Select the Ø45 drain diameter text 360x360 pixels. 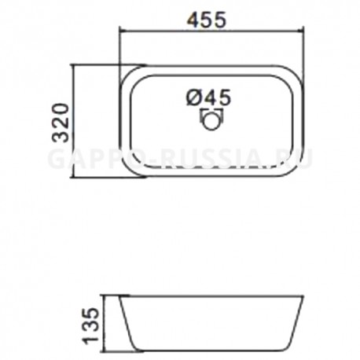coord(209,97)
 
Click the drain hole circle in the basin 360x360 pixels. coord(211,121)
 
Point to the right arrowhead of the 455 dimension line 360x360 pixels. coord(299,31)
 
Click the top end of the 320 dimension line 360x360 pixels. coord(75,64)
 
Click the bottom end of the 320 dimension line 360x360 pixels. coord(75,178)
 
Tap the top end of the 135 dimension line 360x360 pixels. coord(105,296)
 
